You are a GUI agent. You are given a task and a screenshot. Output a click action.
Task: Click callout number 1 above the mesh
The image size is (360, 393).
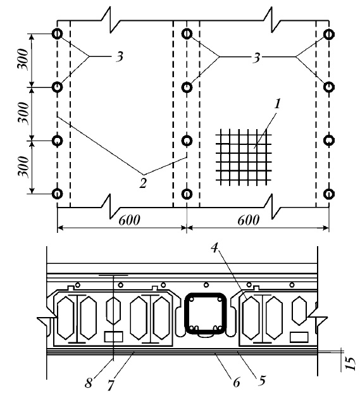click(277, 104)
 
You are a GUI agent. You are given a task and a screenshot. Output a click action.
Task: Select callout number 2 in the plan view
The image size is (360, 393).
click(143, 184)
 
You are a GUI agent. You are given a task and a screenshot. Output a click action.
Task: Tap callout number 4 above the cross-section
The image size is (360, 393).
click(214, 248)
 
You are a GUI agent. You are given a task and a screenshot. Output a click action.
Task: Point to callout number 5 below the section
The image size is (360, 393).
click(261, 381)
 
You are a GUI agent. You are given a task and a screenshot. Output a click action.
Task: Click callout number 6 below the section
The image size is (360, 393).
click(236, 382)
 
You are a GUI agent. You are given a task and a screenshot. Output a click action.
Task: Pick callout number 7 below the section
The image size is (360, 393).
click(111, 385)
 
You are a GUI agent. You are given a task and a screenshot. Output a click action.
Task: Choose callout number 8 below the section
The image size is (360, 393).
click(88, 383)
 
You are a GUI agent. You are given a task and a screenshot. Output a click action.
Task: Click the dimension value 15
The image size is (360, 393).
click(351, 363)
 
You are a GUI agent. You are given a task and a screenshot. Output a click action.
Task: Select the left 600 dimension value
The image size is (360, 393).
click(129, 221)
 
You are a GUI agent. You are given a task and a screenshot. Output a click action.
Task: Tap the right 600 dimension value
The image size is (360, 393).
click(248, 221)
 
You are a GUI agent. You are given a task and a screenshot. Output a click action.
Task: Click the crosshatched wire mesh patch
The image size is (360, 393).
click(244, 158)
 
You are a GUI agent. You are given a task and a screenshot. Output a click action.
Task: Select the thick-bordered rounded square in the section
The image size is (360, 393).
click(206, 313)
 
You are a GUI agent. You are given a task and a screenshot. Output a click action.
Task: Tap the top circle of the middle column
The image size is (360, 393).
click(187, 34)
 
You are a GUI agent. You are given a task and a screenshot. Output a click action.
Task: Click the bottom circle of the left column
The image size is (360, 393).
click(58, 194)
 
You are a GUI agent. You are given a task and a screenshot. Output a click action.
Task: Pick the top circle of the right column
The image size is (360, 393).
click(328, 34)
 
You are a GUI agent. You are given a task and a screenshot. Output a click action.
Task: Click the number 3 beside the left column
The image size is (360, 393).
click(120, 57)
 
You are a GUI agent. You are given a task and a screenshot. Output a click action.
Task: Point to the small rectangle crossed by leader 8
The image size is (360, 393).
click(113, 337)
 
